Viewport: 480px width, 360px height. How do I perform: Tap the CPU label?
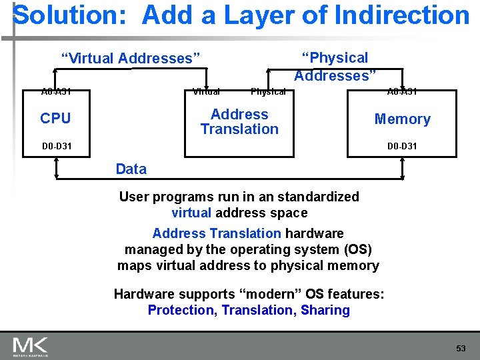(x=55, y=119)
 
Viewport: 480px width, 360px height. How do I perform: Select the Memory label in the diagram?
(x=402, y=119)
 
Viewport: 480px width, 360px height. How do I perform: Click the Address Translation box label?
(x=239, y=122)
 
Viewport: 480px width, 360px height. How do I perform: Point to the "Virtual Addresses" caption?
(x=131, y=59)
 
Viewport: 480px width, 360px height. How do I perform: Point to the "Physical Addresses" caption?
(x=335, y=67)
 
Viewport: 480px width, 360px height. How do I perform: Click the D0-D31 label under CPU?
(x=57, y=146)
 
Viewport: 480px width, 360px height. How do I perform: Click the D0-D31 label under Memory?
(x=403, y=146)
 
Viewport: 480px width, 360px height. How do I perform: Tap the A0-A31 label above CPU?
(x=57, y=92)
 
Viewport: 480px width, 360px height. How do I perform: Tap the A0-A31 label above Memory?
(x=403, y=92)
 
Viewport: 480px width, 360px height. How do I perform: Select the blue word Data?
(x=131, y=169)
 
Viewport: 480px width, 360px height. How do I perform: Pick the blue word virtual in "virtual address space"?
(x=191, y=213)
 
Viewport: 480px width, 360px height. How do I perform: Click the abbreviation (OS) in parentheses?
(x=357, y=249)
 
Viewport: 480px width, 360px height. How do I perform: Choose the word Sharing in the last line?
(x=325, y=310)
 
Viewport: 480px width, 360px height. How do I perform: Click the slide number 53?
(x=461, y=348)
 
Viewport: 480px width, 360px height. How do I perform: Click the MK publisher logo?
(x=30, y=347)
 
